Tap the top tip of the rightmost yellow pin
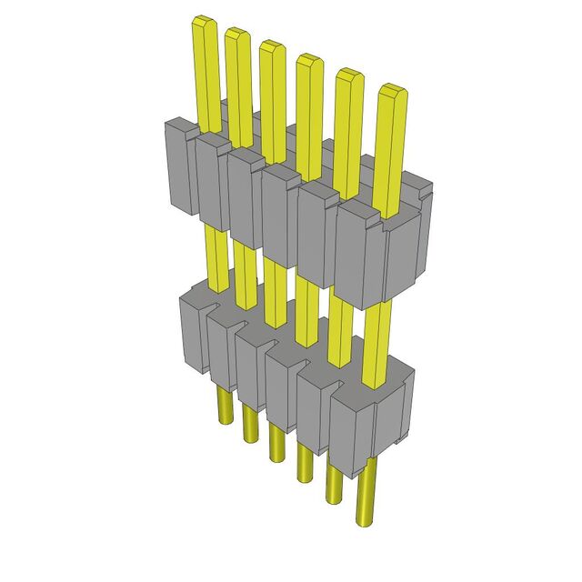click(x=392, y=91)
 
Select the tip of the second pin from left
click(x=236, y=35)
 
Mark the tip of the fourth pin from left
click(x=308, y=61)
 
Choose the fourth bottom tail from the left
click(x=303, y=458)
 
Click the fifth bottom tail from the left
click(x=334, y=477)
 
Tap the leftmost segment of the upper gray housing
click(x=177, y=168)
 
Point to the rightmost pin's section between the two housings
click(x=376, y=341)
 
